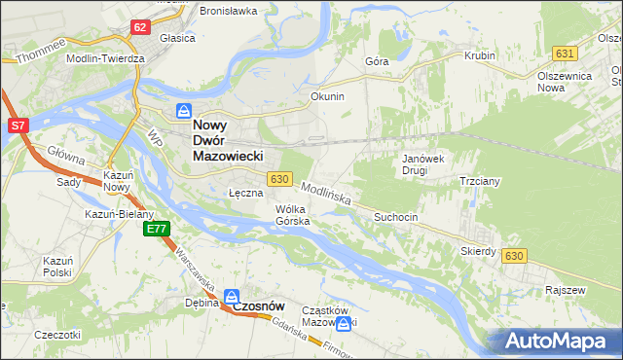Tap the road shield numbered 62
point(140,26)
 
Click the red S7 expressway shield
point(18,126)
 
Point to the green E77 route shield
point(157,229)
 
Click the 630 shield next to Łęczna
point(279,179)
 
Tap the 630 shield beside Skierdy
point(515,255)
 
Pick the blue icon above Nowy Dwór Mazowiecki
point(183,111)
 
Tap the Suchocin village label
point(395,218)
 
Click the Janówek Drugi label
point(422,163)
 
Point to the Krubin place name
point(480,56)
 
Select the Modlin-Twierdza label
point(105,58)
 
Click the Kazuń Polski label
point(57,267)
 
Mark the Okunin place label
point(327,97)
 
